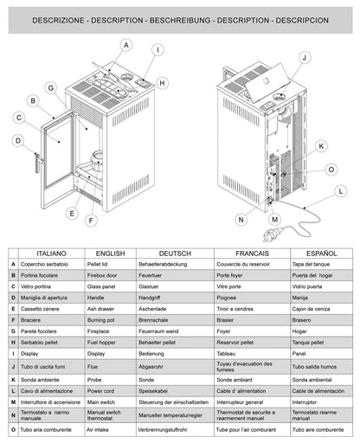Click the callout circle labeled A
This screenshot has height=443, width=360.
pos(126,44)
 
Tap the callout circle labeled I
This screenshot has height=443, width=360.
pos(157,50)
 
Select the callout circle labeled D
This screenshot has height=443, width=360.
pos(16,139)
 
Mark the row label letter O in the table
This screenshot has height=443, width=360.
pos(13,415)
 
